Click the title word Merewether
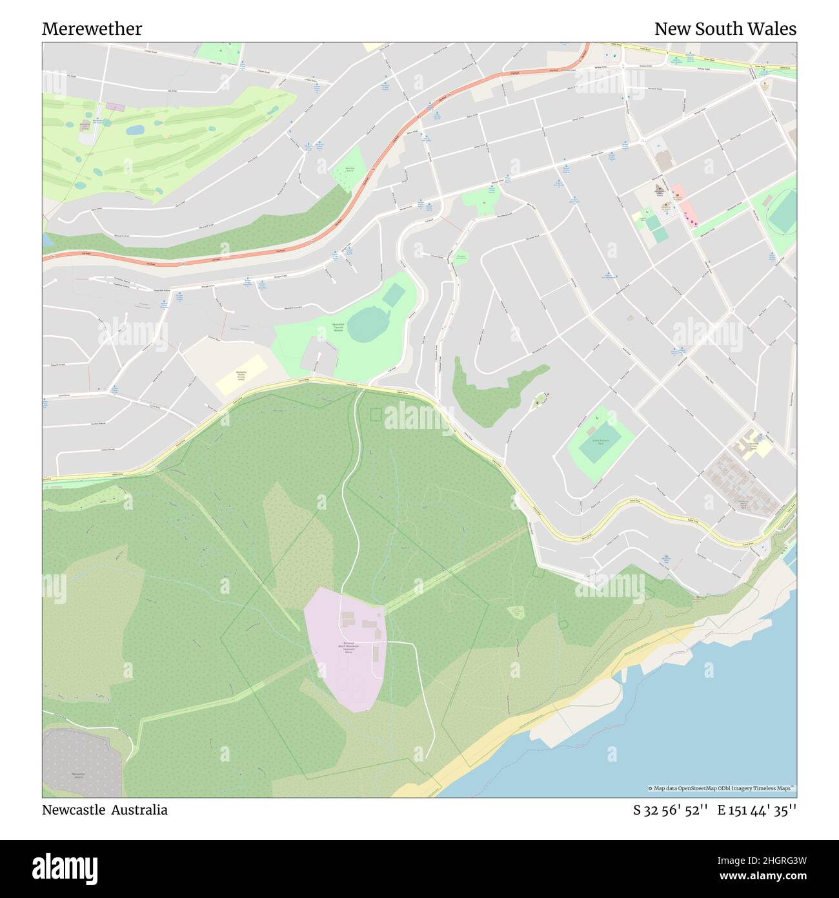(x=92, y=29)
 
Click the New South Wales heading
(x=725, y=29)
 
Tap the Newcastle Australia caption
(x=105, y=810)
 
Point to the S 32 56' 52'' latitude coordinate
(x=671, y=811)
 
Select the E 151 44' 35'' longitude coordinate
(x=756, y=811)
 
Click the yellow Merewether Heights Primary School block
(x=241, y=375)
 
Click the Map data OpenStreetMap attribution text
(x=722, y=788)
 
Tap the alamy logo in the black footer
(x=65, y=868)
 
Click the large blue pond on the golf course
(x=135, y=130)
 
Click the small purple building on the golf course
(x=115, y=106)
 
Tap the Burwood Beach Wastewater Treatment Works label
(x=349, y=648)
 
